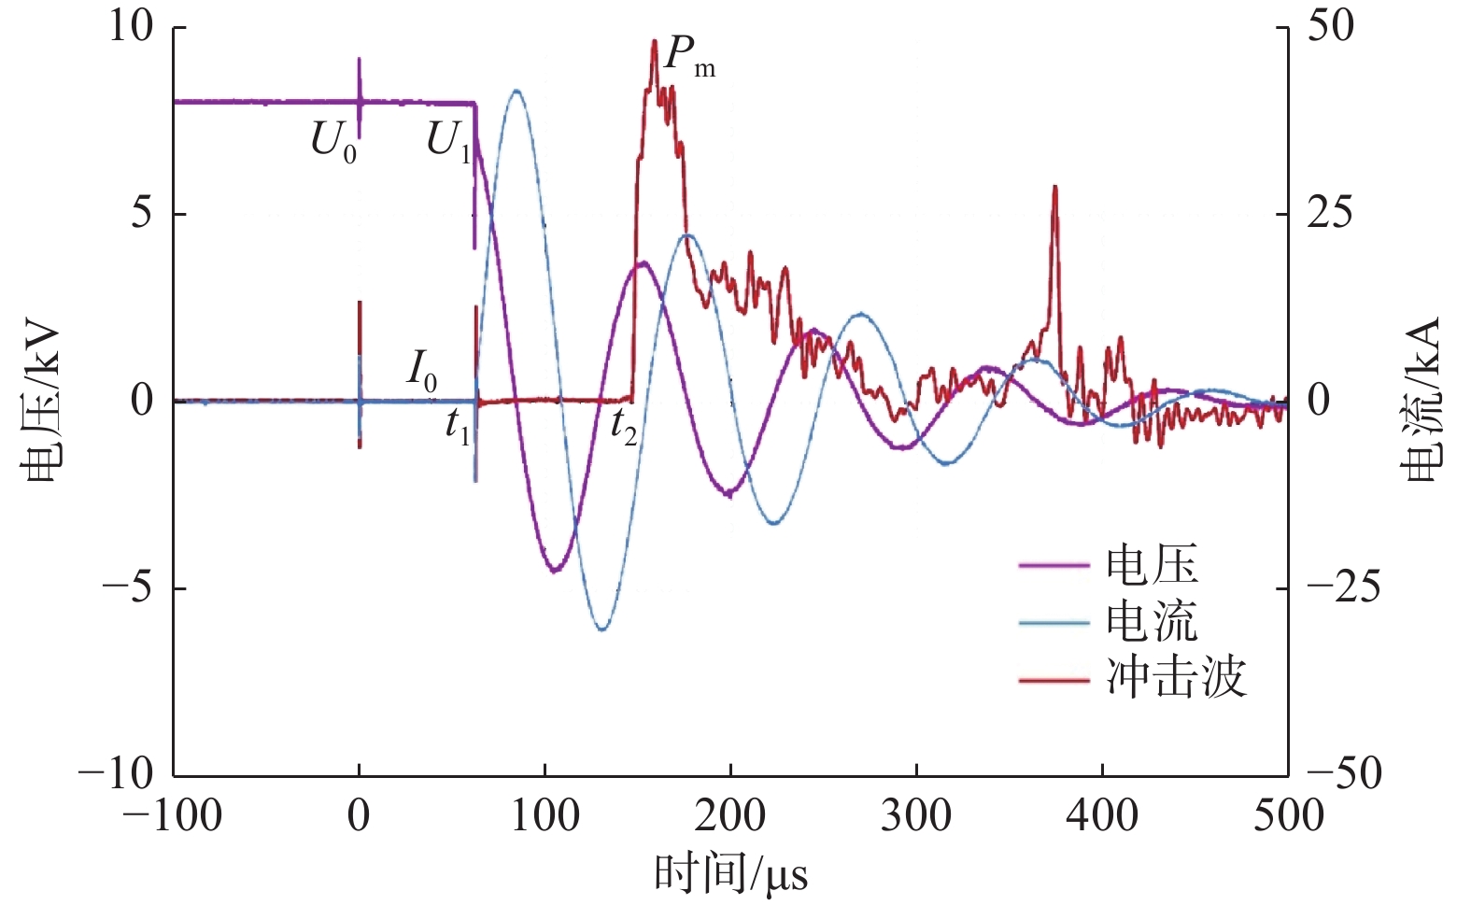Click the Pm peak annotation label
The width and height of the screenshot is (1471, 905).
(689, 58)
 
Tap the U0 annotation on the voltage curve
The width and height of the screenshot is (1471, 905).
(333, 143)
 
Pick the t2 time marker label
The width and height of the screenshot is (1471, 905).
(624, 427)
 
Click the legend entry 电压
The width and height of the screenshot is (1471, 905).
(1151, 565)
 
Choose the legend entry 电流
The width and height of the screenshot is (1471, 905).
(1151, 622)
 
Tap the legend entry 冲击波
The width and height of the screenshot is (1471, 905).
(1175, 679)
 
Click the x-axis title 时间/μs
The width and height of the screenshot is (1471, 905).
(730, 874)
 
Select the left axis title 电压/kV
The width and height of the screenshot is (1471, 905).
(42, 402)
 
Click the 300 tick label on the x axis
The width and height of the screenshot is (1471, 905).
(916, 816)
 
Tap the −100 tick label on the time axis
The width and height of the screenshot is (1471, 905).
(174, 816)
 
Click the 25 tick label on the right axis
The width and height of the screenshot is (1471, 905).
(1329, 214)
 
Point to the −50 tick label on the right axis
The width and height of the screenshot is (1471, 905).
(1343, 774)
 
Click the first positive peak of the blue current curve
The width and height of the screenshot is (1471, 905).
(516, 91)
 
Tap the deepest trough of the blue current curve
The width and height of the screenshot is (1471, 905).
(601, 629)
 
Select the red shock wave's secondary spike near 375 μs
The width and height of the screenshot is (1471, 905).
(1054, 188)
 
